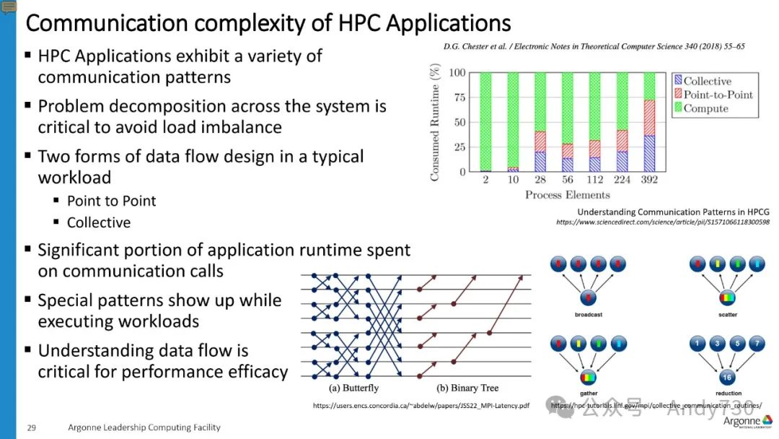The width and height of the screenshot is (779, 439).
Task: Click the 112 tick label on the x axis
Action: pos(594,180)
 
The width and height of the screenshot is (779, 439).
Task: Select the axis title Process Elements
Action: pos(567,194)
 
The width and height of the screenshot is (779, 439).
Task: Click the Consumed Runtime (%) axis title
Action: pos(435,122)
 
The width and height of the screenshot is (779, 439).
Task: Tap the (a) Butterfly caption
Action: pos(354,388)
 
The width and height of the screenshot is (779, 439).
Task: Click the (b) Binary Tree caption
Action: pos(458,388)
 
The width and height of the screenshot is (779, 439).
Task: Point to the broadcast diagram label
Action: pos(589,316)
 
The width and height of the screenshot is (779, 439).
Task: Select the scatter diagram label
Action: pos(728,316)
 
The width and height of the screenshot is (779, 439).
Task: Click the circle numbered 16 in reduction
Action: pos(728,377)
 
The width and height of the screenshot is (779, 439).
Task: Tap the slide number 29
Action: pos(32,427)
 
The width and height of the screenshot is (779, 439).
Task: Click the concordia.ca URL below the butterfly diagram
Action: pos(421,406)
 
